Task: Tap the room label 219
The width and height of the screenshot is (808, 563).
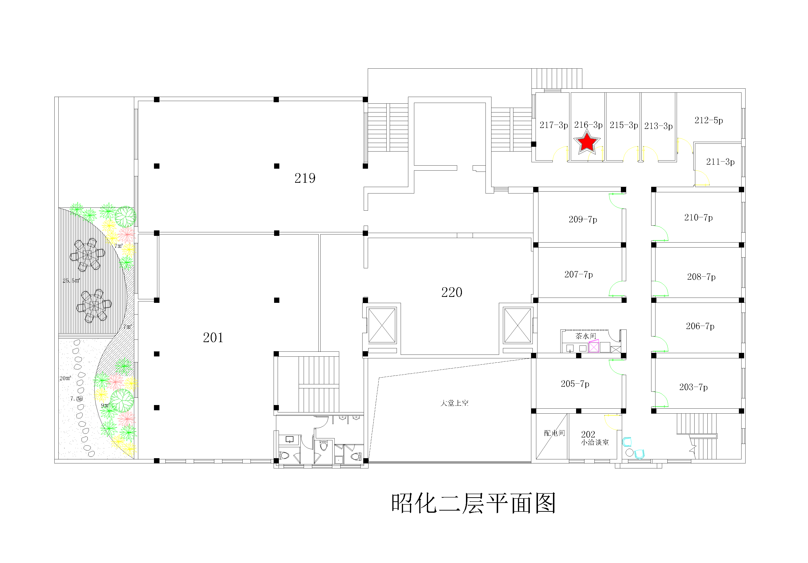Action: click(x=305, y=178)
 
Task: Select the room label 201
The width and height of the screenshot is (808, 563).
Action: click(x=213, y=338)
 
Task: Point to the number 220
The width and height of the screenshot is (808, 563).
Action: click(x=451, y=292)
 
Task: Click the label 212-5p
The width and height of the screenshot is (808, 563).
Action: click(x=708, y=120)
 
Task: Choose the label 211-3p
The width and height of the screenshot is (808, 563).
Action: click(x=720, y=162)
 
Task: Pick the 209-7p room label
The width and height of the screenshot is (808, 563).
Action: click(x=583, y=220)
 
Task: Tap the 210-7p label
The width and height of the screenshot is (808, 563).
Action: click(x=698, y=218)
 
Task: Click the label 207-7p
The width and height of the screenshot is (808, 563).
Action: click(x=578, y=274)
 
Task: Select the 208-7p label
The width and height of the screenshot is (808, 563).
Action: click(x=701, y=277)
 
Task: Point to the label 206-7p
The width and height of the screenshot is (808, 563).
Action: click(x=700, y=326)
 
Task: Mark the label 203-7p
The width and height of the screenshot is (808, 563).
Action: click(x=693, y=387)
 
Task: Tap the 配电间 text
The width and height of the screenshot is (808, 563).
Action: click(x=554, y=433)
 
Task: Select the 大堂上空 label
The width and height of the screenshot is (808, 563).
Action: click(x=454, y=403)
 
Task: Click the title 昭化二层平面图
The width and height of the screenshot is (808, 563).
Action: click(x=473, y=503)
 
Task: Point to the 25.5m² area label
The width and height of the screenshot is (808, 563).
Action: click(x=71, y=280)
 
